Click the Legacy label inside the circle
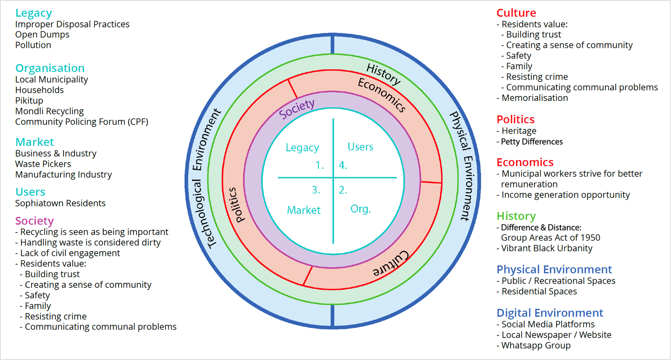pos(302,148)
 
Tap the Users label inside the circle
pos(360,147)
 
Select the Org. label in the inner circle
pos(360,209)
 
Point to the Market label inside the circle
pos(303,210)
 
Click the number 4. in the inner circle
pos(343,165)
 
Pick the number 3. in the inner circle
pos(316,190)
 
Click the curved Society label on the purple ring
pos(296,109)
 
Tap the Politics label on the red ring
pos(237,205)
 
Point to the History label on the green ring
pos(383,75)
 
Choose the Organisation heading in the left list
pos(50,68)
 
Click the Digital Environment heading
pos(550,313)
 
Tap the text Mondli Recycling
pos(49,111)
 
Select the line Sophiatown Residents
pos(60,203)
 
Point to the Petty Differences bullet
pos(531,141)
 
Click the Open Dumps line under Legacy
pos(42,34)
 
